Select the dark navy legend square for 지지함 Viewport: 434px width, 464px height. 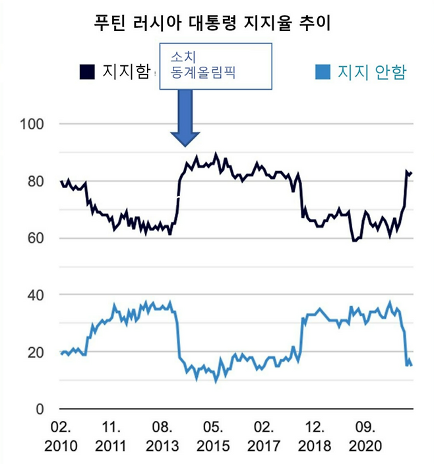86,71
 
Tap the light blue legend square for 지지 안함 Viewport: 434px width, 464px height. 323,71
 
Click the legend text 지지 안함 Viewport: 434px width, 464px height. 371,71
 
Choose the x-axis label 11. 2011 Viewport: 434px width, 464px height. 111,436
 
